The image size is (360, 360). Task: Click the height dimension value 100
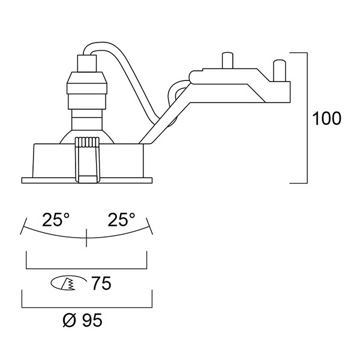pyautogui.click(x=327, y=118)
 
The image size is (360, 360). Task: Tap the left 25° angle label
pyautogui.click(x=55, y=220)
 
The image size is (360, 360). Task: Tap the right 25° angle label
pyautogui.click(x=121, y=220)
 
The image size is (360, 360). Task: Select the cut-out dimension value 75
pyautogui.click(x=101, y=283)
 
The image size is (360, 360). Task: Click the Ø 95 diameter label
pyautogui.click(x=82, y=320)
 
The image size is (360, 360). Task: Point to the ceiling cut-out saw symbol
pyautogui.click(x=68, y=283)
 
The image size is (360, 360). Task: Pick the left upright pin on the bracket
pyautogui.click(x=227, y=61)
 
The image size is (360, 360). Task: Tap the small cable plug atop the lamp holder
pyautogui.click(x=86, y=64)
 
